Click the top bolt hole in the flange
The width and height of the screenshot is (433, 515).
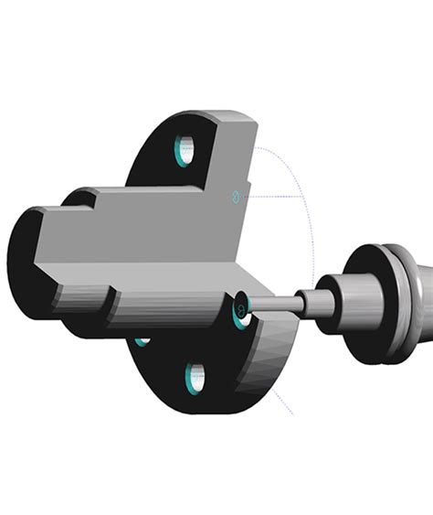coord(185,149)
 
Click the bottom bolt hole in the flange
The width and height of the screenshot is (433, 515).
coord(195,378)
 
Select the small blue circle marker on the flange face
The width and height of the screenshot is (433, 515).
coord(235,195)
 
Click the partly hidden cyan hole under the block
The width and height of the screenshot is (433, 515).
coord(142,341)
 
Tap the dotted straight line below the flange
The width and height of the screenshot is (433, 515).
coord(282,402)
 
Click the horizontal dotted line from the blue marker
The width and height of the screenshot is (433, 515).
coord(274,196)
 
